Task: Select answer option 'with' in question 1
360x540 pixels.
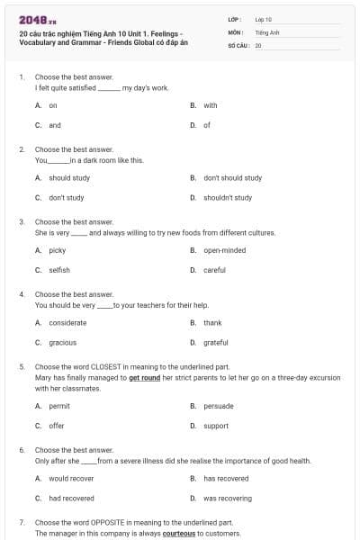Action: tap(210, 105)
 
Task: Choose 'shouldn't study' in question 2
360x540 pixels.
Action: tap(227, 197)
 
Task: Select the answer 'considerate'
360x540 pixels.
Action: tap(67, 322)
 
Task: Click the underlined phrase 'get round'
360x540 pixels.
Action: tap(146, 379)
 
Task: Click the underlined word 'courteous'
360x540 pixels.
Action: tap(178, 534)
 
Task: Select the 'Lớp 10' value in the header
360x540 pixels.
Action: tap(264, 19)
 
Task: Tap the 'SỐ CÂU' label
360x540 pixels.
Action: tap(239, 44)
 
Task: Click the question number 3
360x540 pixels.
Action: tap(22, 221)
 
